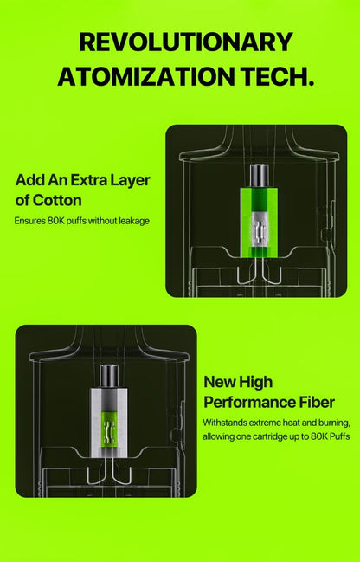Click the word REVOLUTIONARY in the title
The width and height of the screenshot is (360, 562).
click(185, 42)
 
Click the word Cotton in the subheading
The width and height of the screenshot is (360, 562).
click(57, 200)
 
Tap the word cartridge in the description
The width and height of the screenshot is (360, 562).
click(271, 437)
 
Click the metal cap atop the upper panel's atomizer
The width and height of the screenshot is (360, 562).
click(259, 176)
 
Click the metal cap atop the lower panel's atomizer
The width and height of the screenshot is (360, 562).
click(108, 376)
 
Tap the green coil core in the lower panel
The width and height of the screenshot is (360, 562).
click(108, 430)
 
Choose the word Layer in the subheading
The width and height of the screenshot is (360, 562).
click(130, 180)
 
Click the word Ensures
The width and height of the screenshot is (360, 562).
click(29, 221)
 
